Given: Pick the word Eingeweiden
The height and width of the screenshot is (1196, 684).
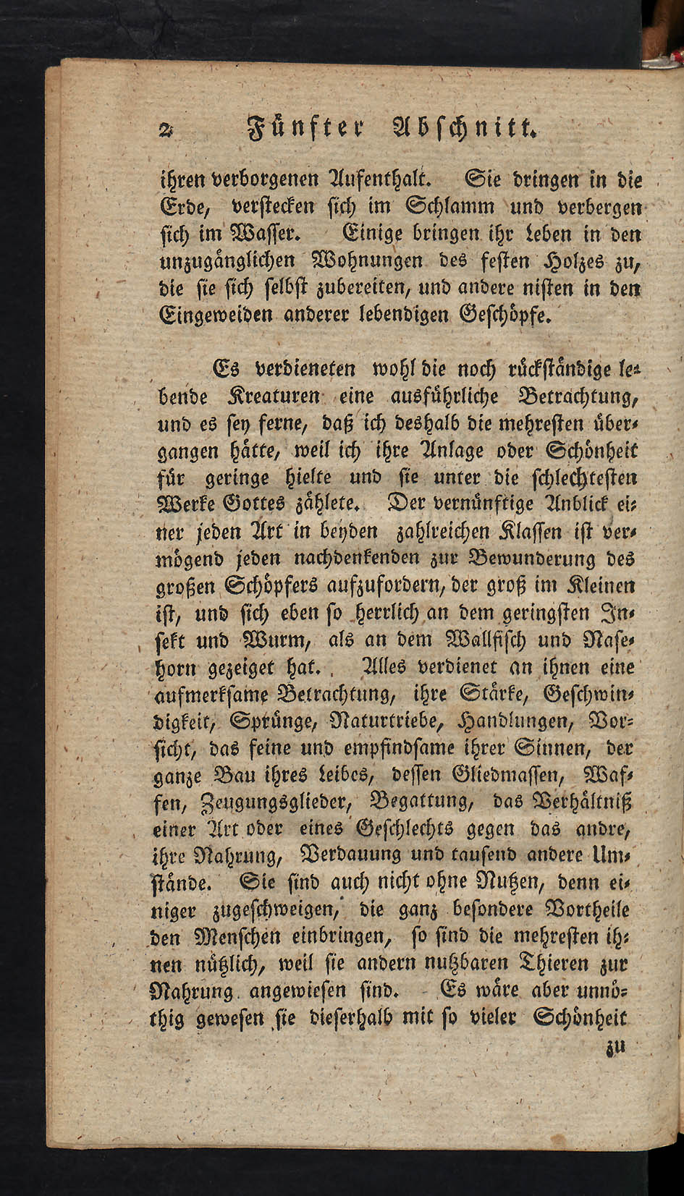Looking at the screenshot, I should (217, 316).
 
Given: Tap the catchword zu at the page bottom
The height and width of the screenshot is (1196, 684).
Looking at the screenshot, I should (616, 1048).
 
